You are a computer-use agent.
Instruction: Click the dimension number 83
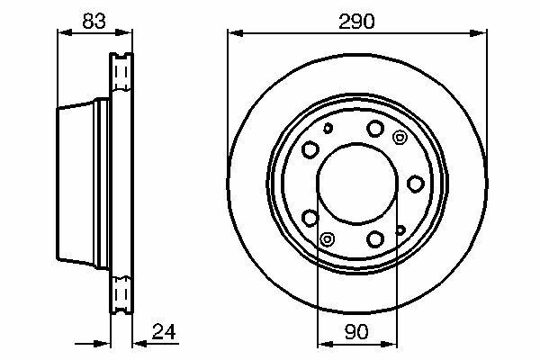click(94, 21)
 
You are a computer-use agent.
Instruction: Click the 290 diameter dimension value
click(356, 22)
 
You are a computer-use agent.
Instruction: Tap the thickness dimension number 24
click(164, 332)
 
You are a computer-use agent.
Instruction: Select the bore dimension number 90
click(356, 332)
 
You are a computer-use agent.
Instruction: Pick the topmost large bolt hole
click(375, 129)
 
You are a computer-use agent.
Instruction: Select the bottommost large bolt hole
click(375, 238)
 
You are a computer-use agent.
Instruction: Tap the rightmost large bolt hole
click(415, 184)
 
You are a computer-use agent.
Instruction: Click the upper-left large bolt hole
click(310, 149)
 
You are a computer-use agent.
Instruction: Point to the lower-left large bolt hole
click(310, 218)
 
